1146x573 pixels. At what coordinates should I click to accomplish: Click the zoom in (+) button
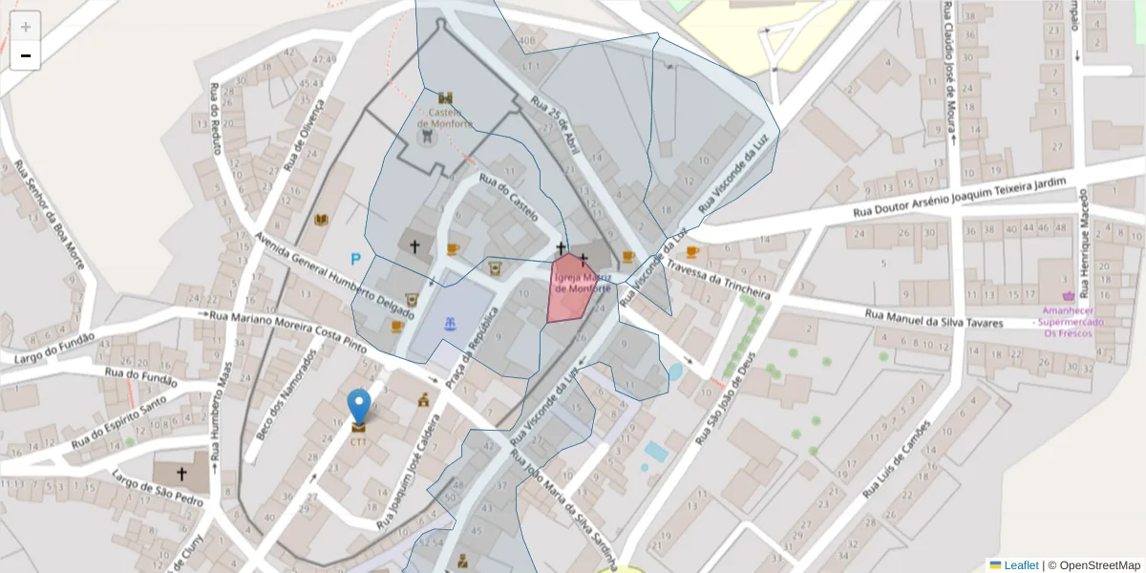(x=26, y=27)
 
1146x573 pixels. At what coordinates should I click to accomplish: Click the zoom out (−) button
(x=26, y=55)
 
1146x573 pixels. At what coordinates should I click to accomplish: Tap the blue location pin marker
(x=359, y=407)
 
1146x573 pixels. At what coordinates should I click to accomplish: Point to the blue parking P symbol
(x=356, y=259)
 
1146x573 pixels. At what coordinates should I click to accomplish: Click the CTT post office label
(x=359, y=441)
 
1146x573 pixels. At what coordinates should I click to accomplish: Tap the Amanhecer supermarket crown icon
(x=1068, y=296)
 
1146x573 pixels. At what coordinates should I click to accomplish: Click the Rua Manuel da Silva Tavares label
(x=934, y=317)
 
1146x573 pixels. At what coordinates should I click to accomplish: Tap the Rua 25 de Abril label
(x=556, y=124)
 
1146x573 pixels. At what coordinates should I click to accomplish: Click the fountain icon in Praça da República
(x=449, y=325)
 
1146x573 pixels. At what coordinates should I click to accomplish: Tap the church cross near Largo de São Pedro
(x=181, y=473)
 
